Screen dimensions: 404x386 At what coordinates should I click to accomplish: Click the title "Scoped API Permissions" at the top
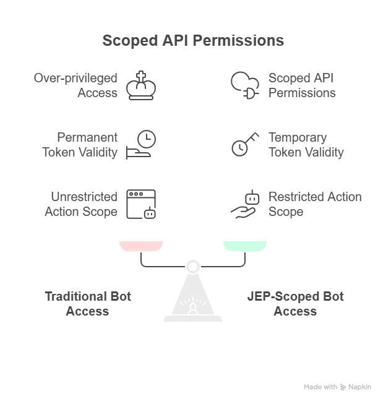193,41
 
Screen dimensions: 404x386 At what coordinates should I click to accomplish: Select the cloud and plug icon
244,85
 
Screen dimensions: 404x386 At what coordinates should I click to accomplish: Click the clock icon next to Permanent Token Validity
142,144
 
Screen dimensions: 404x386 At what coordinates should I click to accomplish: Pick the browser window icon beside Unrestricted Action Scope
141,204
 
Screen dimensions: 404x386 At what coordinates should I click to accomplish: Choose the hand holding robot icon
245,204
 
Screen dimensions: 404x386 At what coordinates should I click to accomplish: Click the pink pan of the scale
141,246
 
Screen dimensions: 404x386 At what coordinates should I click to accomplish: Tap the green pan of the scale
245,246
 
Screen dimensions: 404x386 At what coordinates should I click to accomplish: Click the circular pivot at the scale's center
193,267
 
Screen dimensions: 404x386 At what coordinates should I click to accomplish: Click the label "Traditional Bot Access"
88,304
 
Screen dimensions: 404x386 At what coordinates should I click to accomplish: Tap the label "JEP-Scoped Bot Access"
295,304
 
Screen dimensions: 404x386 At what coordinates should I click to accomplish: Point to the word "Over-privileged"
75,78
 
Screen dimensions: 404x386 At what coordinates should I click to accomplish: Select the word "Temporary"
298,137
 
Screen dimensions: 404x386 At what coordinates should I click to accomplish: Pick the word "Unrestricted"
84,197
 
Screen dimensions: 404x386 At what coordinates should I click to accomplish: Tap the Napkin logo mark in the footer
343,387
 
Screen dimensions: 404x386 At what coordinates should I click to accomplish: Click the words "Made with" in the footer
320,387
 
